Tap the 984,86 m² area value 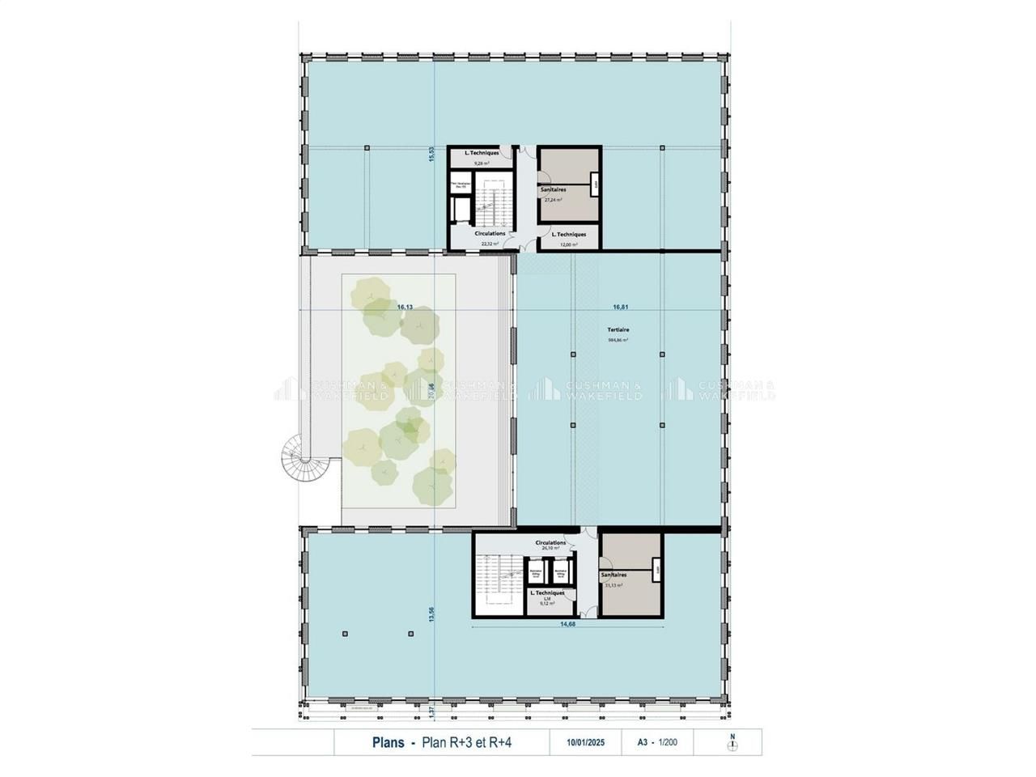tap(618, 341)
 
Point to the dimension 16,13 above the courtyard tap(405, 308)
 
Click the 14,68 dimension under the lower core tap(567, 623)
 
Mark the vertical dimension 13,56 tap(432, 614)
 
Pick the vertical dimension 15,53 tap(432, 154)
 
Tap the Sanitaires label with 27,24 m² tap(554, 189)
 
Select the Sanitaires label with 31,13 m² tap(614, 575)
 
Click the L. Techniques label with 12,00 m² tap(569, 234)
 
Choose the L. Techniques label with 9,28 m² tap(482, 153)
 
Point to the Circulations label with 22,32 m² tap(490, 233)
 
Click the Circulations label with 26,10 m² tap(550, 543)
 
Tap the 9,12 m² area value tap(548, 603)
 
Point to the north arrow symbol tap(732, 745)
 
